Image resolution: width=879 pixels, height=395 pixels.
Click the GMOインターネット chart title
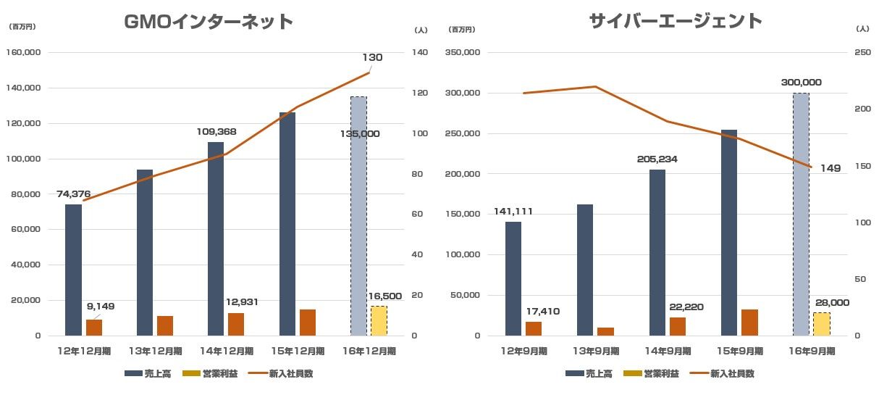[209, 22]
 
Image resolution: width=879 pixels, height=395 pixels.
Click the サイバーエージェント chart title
[676, 21]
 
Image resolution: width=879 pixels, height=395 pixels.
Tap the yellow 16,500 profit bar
[379, 320]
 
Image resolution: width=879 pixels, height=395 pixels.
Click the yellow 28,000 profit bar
[821, 324]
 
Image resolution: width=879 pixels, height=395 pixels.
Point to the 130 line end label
[372, 58]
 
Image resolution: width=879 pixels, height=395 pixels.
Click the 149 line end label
[830, 168]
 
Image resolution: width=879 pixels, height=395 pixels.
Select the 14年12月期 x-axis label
[227, 351]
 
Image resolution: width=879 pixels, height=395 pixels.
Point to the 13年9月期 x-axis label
[594, 351]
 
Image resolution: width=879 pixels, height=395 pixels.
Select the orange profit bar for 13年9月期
[605, 331]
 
